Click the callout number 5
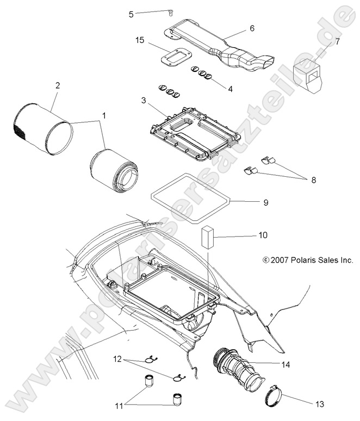pyautogui.click(x=131, y=14)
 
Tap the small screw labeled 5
pyautogui.click(x=171, y=13)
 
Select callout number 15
pyautogui.click(x=140, y=40)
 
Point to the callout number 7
pyautogui.click(x=337, y=41)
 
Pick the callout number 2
pyautogui.click(x=58, y=85)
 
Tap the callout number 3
pyautogui.click(x=143, y=101)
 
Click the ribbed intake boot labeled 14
pyautogui.click(x=237, y=364)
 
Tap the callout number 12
pyautogui.click(x=117, y=359)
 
